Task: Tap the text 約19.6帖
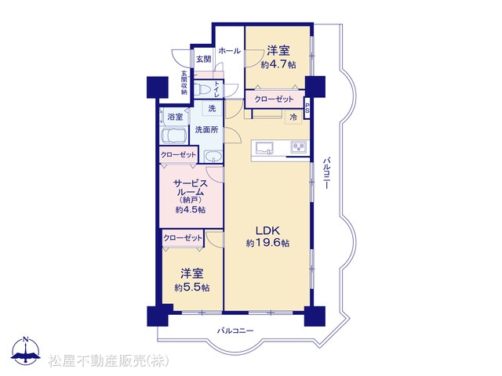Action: [267, 244]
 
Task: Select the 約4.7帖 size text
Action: [278, 64]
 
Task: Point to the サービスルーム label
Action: [191, 188]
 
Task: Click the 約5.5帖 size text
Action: [192, 287]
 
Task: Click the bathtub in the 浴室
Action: [174, 136]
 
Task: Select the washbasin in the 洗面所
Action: [213, 157]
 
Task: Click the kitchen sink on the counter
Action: [264, 148]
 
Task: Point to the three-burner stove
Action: [298, 146]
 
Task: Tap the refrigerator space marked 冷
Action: [293, 117]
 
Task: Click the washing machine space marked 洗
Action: [212, 109]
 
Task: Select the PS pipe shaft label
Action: [307, 108]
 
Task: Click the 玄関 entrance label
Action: [204, 60]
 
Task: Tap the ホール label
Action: [230, 50]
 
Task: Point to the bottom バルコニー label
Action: [235, 331]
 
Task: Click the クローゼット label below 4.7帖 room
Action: [274, 99]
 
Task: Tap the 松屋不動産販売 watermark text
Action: [109, 361]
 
